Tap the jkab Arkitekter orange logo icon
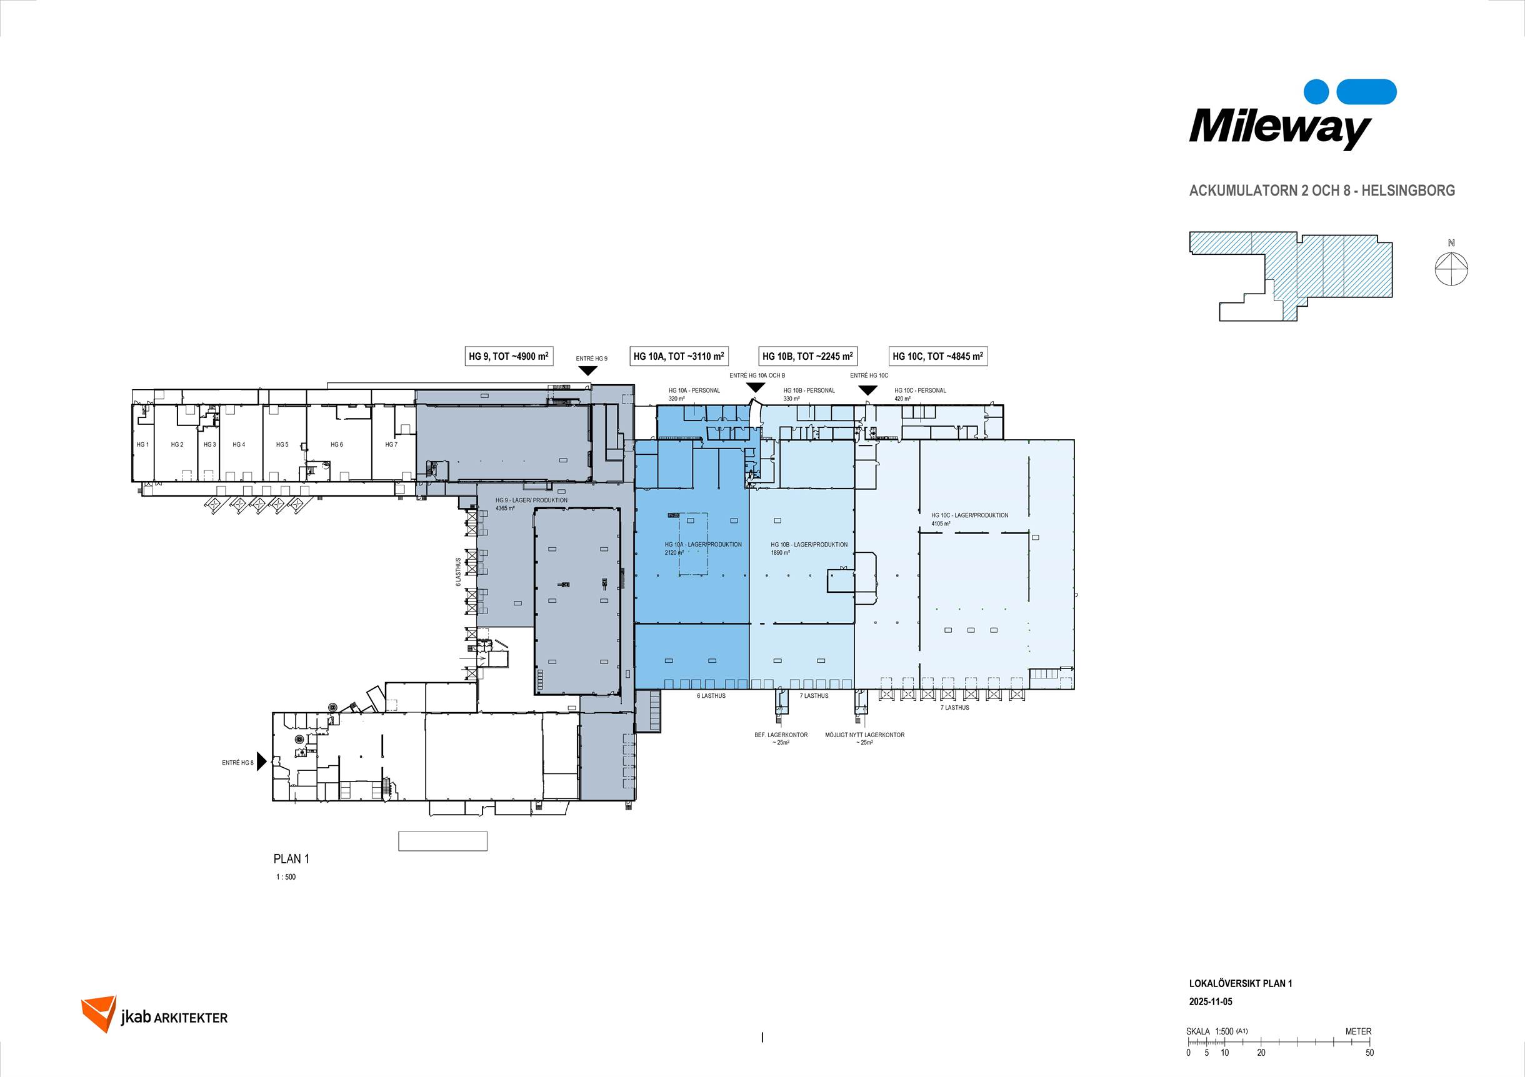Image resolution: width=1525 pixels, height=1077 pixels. [98, 1014]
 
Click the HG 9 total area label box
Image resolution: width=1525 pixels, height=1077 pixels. [509, 356]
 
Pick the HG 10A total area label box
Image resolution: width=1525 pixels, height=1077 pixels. [679, 356]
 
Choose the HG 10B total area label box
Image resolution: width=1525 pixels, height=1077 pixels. [807, 356]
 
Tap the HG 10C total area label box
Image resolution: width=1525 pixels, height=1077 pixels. [938, 356]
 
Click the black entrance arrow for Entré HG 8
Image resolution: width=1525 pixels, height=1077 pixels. [262, 762]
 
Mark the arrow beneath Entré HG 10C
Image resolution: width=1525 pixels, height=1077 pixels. [868, 390]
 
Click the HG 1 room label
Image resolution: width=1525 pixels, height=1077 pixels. [142, 445]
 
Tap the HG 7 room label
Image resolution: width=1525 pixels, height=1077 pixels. [391, 445]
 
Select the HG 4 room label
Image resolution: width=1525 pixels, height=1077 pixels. [239, 445]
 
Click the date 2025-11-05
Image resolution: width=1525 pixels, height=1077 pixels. [1210, 1001]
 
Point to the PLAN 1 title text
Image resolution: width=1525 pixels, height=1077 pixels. [292, 858]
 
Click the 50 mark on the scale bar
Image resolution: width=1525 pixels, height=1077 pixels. [1369, 1053]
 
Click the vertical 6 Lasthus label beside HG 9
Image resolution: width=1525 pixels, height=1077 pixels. [458, 572]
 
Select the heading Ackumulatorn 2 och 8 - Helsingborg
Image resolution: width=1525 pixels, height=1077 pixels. [1322, 191]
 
